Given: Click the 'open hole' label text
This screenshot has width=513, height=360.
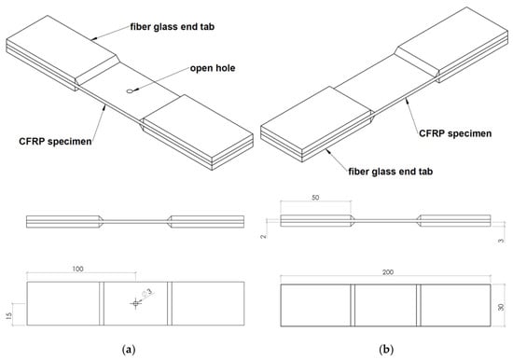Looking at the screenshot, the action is click(213, 68).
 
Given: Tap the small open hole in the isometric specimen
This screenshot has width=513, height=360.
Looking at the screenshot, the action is click(131, 91).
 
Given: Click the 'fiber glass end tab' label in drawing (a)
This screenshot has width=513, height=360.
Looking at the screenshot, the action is click(173, 26).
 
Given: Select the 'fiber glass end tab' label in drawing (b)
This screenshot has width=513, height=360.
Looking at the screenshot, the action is click(390, 172).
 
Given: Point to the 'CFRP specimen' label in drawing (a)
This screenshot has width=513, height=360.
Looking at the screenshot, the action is click(55, 142).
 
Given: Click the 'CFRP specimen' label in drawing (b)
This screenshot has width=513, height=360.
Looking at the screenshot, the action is click(455, 133).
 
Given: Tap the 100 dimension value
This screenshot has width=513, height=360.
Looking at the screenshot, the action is click(77, 269).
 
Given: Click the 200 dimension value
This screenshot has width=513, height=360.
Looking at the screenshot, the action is click(388, 272).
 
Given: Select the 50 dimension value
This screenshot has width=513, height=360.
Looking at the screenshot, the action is click(315, 198).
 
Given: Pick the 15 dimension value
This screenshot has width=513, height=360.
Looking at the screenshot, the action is click(8, 315).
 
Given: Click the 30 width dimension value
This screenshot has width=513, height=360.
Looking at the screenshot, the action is click(501, 307).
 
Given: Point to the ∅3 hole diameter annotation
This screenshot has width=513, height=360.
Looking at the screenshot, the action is click(147, 293).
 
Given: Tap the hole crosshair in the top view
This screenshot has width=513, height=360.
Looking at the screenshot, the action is click(135, 304).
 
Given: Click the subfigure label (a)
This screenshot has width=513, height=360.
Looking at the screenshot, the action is click(129, 350).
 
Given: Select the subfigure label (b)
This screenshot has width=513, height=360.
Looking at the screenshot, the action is click(386, 350).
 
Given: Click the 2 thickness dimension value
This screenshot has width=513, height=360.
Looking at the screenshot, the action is click(264, 236).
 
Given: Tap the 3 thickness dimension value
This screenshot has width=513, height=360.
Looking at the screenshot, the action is click(502, 242).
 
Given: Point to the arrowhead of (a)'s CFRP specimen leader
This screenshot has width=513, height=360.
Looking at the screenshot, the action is click(104, 106).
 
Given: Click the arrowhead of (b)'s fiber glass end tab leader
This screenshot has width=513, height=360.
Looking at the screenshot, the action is click(327, 150).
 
